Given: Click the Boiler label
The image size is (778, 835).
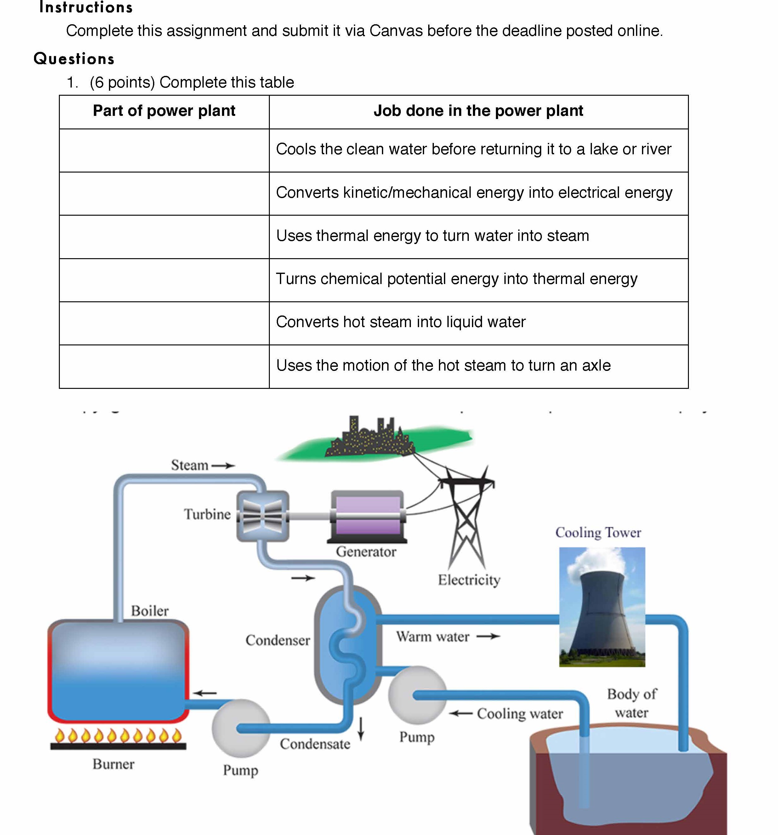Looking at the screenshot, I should pyautogui.click(x=150, y=611).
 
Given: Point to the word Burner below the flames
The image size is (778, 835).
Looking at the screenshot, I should pyautogui.click(x=113, y=764).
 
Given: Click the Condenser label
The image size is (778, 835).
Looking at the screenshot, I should pyautogui.click(x=278, y=640).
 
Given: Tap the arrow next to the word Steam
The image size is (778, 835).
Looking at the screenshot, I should pyautogui.click(x=223, y=465).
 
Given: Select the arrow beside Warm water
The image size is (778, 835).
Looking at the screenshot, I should pyautogui.click(x=488, y=636).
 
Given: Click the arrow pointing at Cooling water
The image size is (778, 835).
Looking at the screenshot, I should pyautogui.click(x=461, y=713).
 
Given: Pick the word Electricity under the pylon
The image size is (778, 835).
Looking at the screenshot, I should pyautogui.click(x=469, y=580).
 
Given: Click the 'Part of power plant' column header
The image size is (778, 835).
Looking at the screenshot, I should pyautogui.click(x=164, y=111).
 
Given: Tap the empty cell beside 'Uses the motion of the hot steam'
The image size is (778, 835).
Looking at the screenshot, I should pyautogui.click(x=164, y=366).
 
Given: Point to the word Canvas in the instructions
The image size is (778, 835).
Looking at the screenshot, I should pyautogui.click(x=396, y=31).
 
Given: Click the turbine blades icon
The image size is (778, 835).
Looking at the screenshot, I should pyautogui.click(x=263, y=516).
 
